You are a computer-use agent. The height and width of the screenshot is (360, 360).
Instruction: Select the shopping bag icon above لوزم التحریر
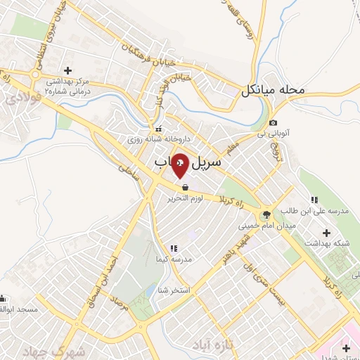(185, 188)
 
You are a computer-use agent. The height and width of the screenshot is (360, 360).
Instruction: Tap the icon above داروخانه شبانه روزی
(159, 129)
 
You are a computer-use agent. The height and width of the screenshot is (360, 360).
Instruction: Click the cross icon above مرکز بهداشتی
(67, 70)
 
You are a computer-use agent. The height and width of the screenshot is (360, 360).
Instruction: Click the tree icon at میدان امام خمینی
(266, 215)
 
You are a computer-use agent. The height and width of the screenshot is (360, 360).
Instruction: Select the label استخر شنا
(175, 290)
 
